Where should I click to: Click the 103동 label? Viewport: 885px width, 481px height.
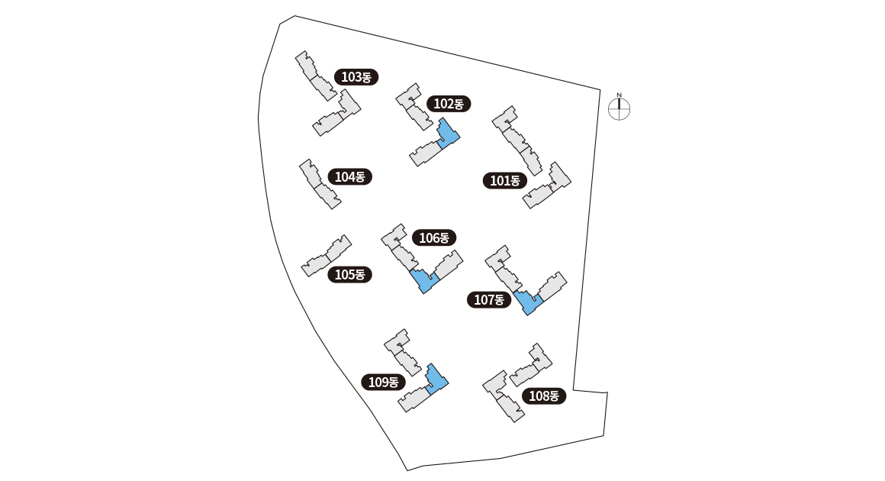(x=356, y=77)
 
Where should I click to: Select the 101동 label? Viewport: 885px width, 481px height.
(x=504, y=181)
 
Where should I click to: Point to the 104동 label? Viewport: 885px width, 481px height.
(x=350, y=176)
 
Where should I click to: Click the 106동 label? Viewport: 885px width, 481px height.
(x=434, y=237)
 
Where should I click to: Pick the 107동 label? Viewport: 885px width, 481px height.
(x=489, y=300)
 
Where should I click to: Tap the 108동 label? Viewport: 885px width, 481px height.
(x=544, y=395)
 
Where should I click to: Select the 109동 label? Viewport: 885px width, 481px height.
(x=383, y=383)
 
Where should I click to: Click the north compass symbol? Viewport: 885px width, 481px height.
(x=619, y=110)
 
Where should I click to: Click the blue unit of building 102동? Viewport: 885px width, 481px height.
(x=448, y=134)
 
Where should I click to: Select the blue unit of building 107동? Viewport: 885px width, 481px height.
(x=527, y=302)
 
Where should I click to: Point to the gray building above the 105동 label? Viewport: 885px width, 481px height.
(x=327, y=256)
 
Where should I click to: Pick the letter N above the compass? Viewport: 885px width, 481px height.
(x=619, y=95)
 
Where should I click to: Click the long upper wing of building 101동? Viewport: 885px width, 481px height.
(x=517, y=140)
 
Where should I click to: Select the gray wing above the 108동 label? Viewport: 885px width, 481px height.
(x=531, y=365)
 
